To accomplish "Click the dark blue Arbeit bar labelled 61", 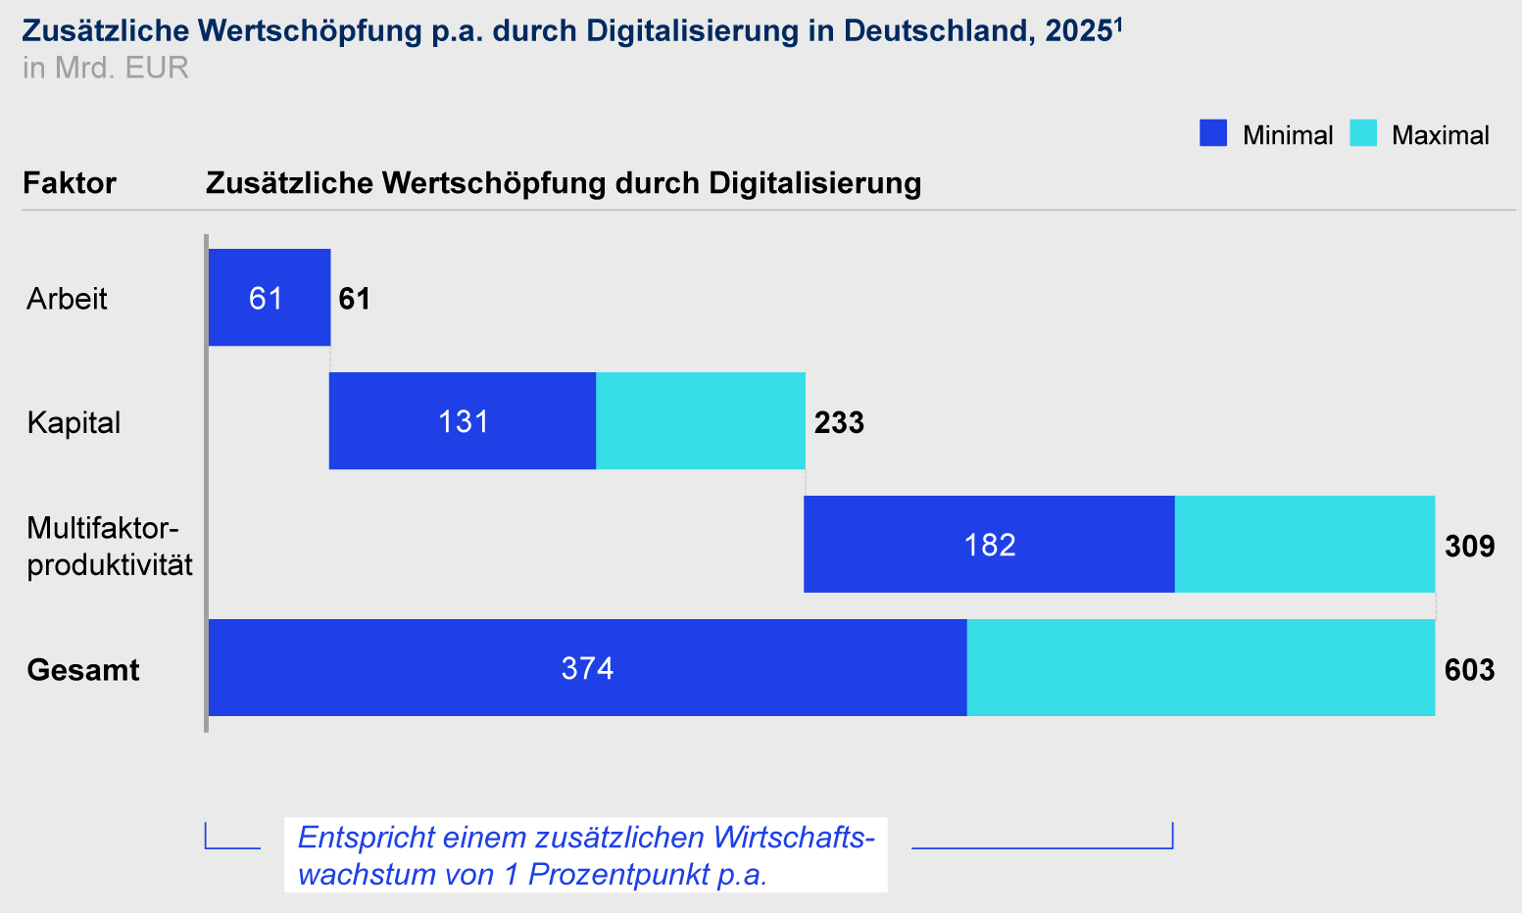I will [x=269, y=297].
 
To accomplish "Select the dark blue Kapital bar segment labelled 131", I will [x=462, y=421].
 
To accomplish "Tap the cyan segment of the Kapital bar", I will [x=700, y=421].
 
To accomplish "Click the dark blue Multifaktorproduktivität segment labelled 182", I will [x=988, y=545].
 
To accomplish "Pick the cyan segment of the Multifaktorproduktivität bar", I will [x=1303, y=545].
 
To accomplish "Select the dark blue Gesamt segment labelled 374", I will [x=586, y=668].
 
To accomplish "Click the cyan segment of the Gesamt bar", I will [x=1200, y=668].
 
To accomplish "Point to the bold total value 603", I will [x=1469, y=670].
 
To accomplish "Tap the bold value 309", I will [x=1469, y=546].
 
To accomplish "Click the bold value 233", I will [x=839, y=422].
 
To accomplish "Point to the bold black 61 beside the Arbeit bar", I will [x=355, y=299].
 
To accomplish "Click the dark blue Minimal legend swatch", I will [x=1212, y=133].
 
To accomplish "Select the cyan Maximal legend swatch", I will [x=1362, y=133].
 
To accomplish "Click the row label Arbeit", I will [x=67, y=299].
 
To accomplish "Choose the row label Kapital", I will [x=74, y=422].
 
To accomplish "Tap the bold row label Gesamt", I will [x=83, y=670].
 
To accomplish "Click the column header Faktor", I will [x=70, y=183].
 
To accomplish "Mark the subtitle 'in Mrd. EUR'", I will [x=105, y=68].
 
